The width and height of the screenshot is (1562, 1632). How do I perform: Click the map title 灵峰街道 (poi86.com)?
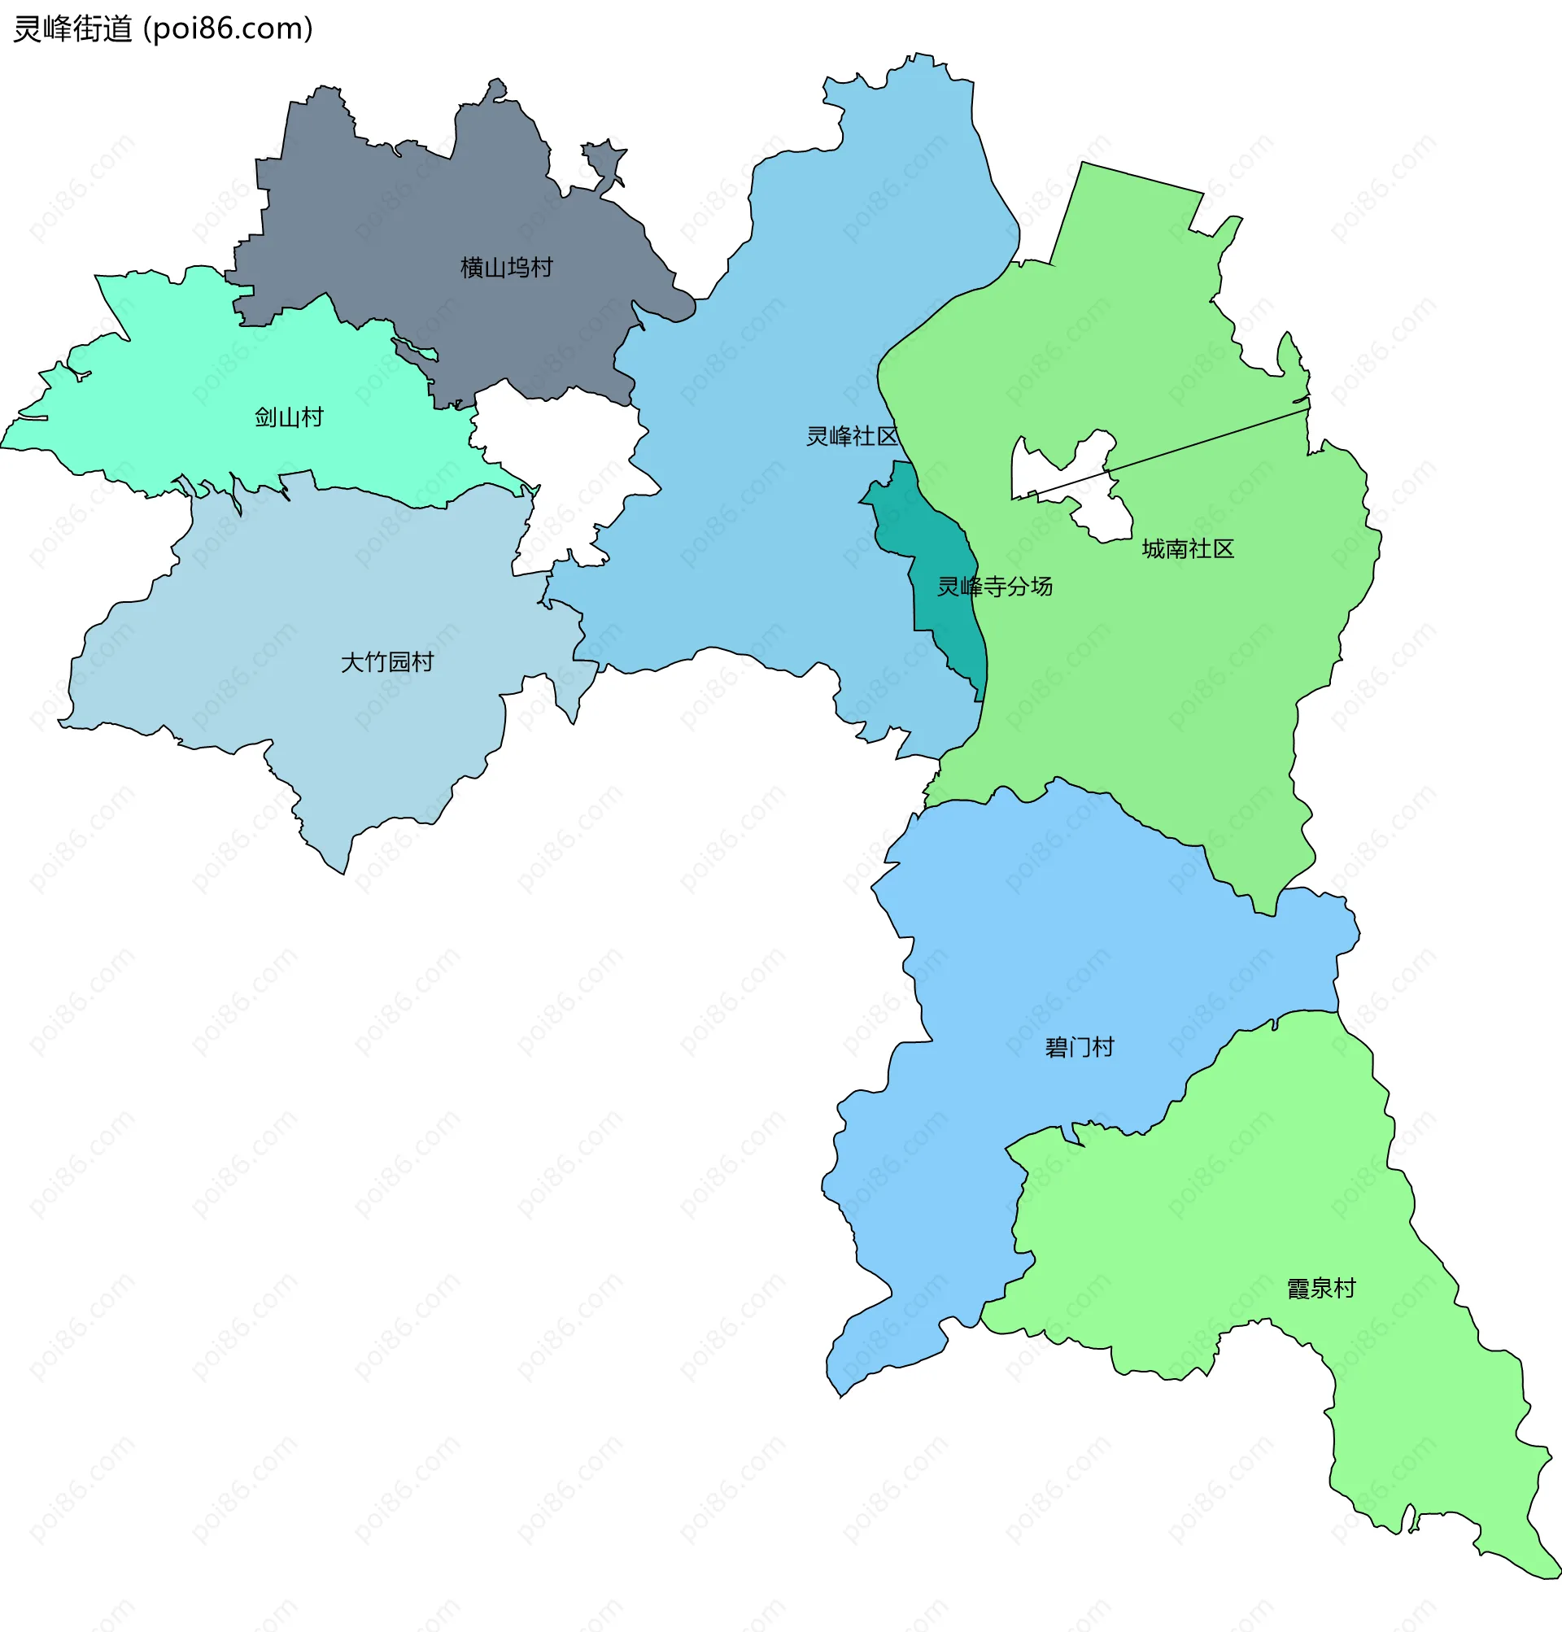click(x=164, y=29)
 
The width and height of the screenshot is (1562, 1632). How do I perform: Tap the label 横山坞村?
click(x=506, y=268)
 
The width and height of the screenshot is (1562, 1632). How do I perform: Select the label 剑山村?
click(x=288, y=417)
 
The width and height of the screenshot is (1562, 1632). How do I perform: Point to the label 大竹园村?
click(x=387, y=662)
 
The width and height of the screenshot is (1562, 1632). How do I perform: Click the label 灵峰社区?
click(x=852, y=436)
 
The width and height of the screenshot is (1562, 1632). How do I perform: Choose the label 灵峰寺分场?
click(x=994, y=587)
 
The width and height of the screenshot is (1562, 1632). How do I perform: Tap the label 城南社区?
click(x=1187, y=548)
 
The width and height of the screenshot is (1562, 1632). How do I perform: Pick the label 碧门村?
click(x=1079, y=1048)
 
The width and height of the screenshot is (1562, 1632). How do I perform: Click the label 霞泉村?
click(x=1320, y=1289)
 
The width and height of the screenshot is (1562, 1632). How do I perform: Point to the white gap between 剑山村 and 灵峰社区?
click(x=566, y=466)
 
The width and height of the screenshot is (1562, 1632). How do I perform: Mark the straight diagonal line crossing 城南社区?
click(x=1207, y=441)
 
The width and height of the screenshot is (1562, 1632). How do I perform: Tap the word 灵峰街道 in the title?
click(x=73, y=29)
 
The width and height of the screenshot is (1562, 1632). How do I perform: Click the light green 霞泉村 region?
click(x=1249, y=1207)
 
